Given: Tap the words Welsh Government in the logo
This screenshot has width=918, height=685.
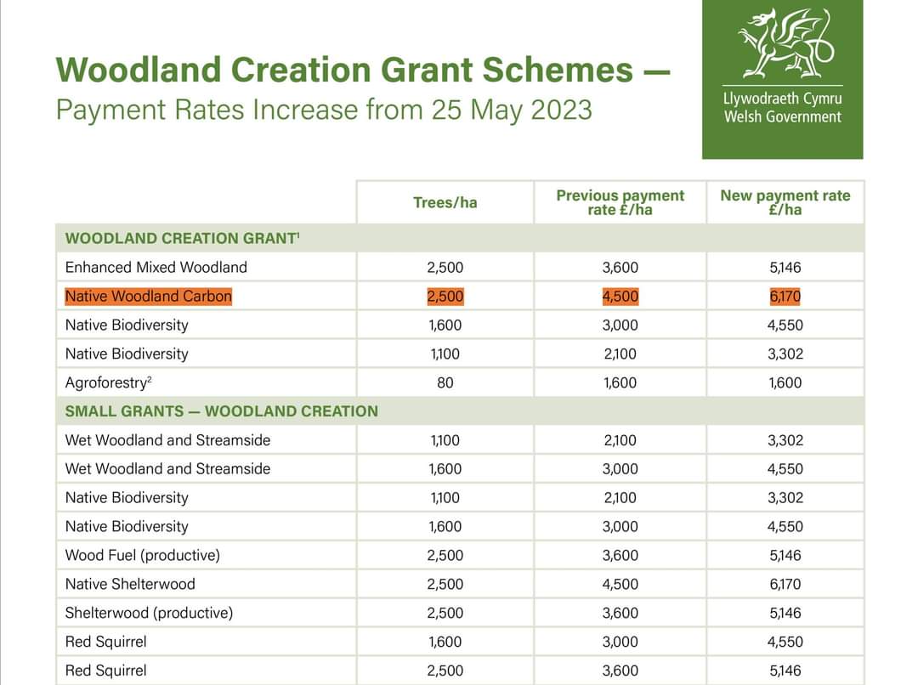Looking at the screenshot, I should click(x=783, y=117).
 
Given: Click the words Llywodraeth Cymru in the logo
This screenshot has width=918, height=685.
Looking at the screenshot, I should click(x=783, y=98).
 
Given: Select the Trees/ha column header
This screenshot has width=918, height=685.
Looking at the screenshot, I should click(x=445, y=202).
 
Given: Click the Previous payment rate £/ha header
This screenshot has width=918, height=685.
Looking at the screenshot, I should click(x=620, y=202).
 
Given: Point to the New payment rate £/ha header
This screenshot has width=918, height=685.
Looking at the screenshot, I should click(x=785, y=202).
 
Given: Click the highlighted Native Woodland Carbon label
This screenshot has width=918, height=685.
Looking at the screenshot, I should click(x=148, y=297).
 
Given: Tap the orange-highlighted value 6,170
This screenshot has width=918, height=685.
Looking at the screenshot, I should click(x=785, y=297).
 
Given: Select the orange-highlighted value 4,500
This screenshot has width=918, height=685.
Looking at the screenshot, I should click(x=620, y=297).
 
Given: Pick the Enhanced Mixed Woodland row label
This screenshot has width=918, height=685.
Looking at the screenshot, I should click(x=156, y=268).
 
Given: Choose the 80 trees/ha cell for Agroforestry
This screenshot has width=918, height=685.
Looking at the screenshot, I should click(x=445, y=383).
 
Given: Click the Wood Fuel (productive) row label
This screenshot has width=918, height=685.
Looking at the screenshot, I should click(x=142, y=556).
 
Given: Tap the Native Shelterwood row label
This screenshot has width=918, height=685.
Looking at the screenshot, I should click(x=130, y=585).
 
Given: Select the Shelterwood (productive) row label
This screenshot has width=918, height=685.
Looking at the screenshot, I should click(x=149, y=614).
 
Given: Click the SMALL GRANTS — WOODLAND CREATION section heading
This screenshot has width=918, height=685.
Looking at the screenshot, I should click(x=221, y=411).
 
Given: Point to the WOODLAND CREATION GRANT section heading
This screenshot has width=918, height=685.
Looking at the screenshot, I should click(x=181, y=239).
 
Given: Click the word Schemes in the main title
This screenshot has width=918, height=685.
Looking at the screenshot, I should click(x=557, y=70).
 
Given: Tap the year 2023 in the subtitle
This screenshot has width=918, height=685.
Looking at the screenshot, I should click(x=561, y=110).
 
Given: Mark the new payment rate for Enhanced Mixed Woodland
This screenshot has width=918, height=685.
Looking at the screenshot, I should click(x=785, y=268).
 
